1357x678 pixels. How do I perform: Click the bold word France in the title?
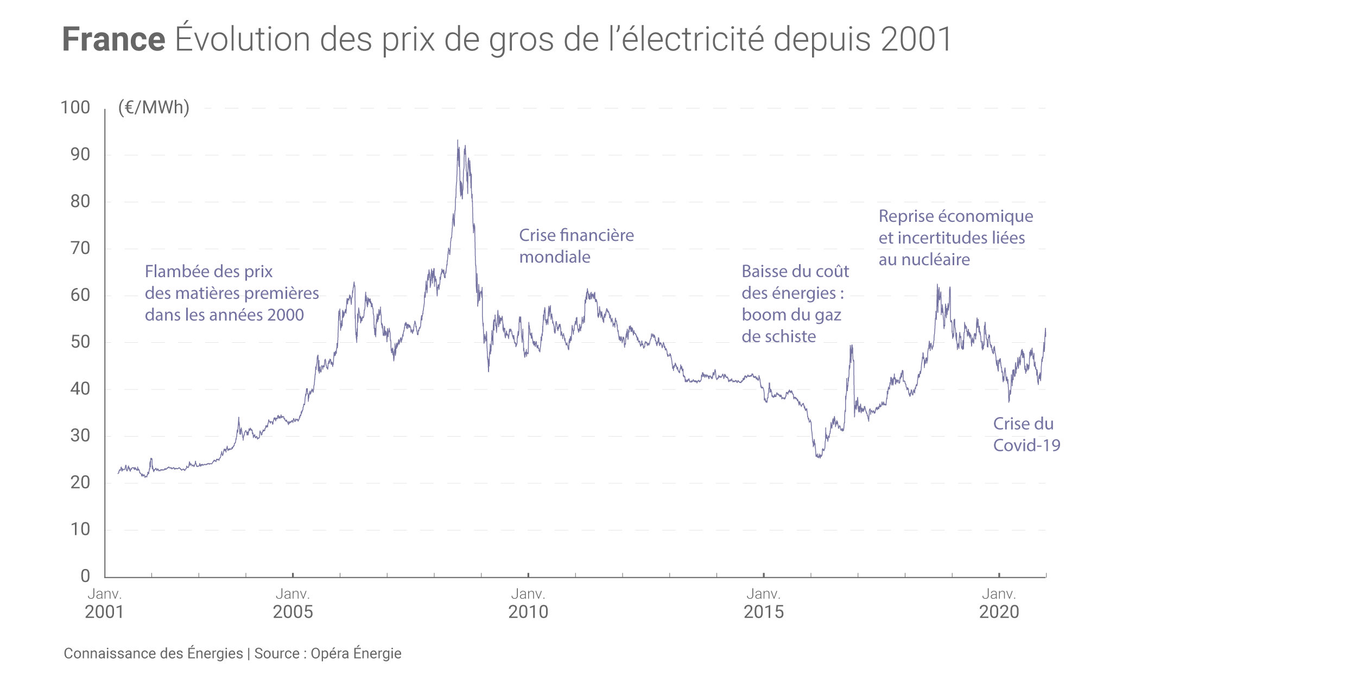(x=113, y=39)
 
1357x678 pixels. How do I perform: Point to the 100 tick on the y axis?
(x=75, y=107)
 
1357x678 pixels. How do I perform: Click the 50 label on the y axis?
(x=80, y=342)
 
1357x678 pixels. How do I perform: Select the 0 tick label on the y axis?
(x=85, y=575)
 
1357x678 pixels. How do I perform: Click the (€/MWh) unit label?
(x=154, y=107)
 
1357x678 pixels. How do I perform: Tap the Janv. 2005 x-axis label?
(x=293, y=603)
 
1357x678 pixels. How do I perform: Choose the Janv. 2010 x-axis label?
(x=528, y=603)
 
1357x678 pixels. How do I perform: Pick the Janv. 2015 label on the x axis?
(x=763, y=603)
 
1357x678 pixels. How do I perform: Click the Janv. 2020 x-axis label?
(x=999, y=603)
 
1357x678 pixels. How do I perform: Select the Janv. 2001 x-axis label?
(x=104, y=603)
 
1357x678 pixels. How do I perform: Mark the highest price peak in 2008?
(x=458, y=141)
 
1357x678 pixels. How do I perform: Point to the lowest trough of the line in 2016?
(x=819, y=457)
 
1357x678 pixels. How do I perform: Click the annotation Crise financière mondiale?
(x=576, y=246)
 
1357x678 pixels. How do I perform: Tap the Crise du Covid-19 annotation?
(x=1026, y=434)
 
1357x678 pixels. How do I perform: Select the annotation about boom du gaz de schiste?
(x=795, y=304)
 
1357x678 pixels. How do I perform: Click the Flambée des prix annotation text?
(x=231, y=293)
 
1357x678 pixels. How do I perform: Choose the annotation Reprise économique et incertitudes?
(x=955, y=238)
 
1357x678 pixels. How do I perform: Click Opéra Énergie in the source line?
(x=356, y=654)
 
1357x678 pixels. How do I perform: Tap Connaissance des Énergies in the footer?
(x=153, y=654)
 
